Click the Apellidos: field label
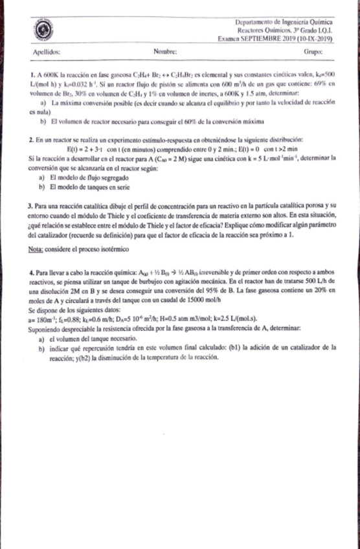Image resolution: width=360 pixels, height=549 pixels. (45, 51)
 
